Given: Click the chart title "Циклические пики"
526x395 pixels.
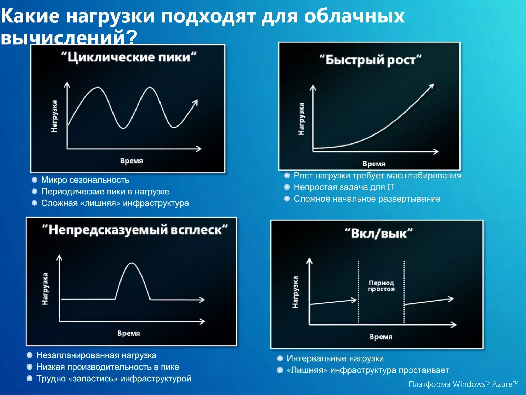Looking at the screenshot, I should pos(129,57).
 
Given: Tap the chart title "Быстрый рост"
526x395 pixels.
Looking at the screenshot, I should pos(370,60).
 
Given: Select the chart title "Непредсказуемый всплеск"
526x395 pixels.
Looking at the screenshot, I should pos(135,230).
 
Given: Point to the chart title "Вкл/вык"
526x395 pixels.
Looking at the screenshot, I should pos(379,234).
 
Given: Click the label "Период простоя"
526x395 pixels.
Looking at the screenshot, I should pos(381,286).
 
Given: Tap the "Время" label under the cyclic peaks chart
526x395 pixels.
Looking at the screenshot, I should pos(131,161).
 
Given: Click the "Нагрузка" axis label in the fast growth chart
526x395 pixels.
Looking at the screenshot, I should pos(301,119).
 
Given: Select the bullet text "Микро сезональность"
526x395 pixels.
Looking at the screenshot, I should pos(85,180).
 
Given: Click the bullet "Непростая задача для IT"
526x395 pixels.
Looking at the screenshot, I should pos(344,187).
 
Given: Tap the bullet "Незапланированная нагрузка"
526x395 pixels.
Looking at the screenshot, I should pos(96,355).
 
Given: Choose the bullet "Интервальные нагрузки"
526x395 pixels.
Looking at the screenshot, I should pos(335,358).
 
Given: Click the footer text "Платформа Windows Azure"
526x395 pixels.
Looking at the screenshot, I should pos(463,384).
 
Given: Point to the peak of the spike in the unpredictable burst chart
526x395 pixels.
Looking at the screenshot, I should pos(132,263).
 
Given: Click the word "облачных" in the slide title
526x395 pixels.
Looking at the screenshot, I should pos(354,16).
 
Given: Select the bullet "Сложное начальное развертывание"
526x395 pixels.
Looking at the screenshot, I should pos(367,199).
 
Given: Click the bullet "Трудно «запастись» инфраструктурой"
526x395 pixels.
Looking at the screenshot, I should pos(114,378).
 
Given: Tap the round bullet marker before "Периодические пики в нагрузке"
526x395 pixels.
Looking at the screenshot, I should pos(34,191).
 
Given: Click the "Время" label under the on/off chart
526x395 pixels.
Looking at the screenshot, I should pos(381,337).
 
